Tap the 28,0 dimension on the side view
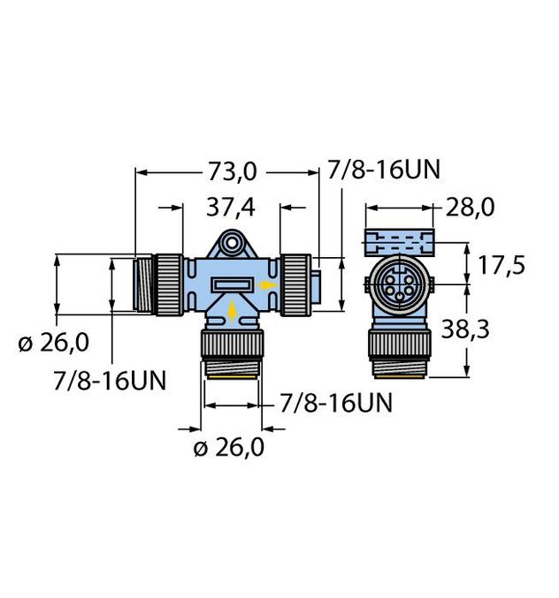(x=469, y=208)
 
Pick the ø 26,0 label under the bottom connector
(x=229, y=448)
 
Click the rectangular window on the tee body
(x=231, y=284)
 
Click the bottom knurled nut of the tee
(x=231, y=344)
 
